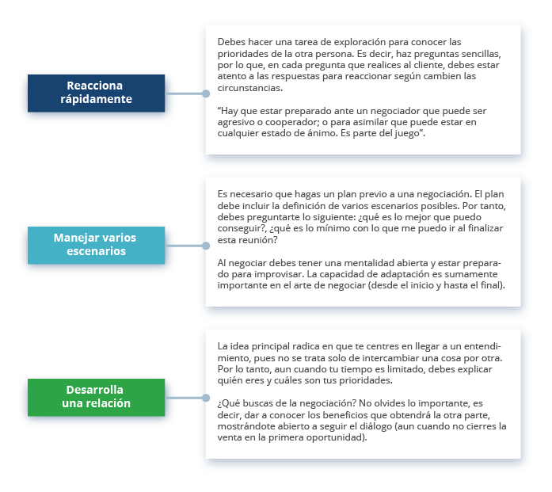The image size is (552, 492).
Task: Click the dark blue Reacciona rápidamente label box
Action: (x=96, y=93)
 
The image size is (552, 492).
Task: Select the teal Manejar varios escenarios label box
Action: (x=96, y=245)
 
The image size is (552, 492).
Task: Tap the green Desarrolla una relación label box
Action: (x=96, y=397)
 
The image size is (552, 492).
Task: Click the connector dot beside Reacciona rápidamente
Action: (x=206, y=93)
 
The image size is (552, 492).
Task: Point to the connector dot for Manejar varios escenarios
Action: (x=206, y=246)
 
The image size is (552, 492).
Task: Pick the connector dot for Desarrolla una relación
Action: (x=206, y=398)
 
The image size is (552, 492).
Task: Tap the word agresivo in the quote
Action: (x=233, y=122)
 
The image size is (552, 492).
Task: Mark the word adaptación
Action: (x=406, y=274)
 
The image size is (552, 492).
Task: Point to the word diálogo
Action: (x=375, y=426)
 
